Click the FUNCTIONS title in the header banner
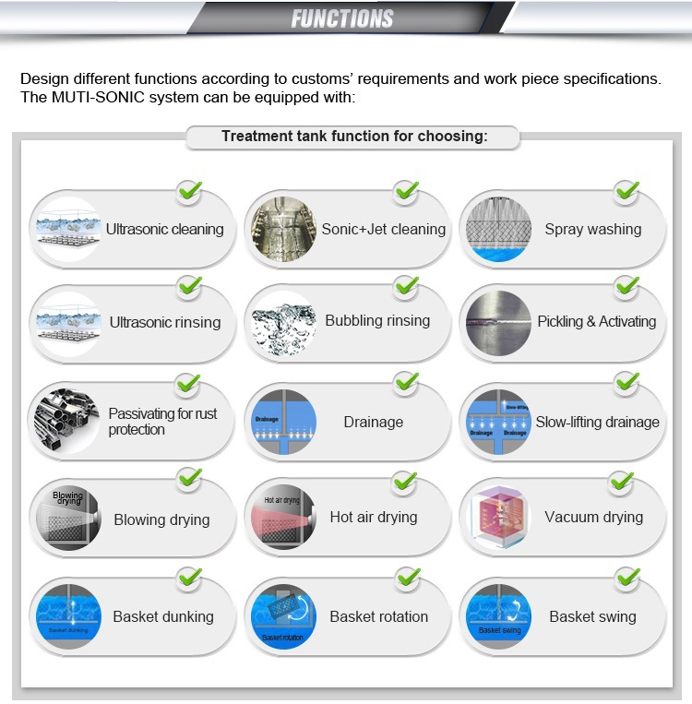342,18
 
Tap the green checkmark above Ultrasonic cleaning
189,192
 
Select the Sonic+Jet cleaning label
383,229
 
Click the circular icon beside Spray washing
498,229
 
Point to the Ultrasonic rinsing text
165,322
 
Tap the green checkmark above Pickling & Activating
626,287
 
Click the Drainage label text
373,422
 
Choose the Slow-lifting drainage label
597,422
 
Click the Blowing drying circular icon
67,519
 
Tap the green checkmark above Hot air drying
405,482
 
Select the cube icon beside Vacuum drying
499,517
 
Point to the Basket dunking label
163,616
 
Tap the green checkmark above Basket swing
627,579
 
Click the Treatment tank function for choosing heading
354,137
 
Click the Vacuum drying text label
593,517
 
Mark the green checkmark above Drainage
406,383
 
